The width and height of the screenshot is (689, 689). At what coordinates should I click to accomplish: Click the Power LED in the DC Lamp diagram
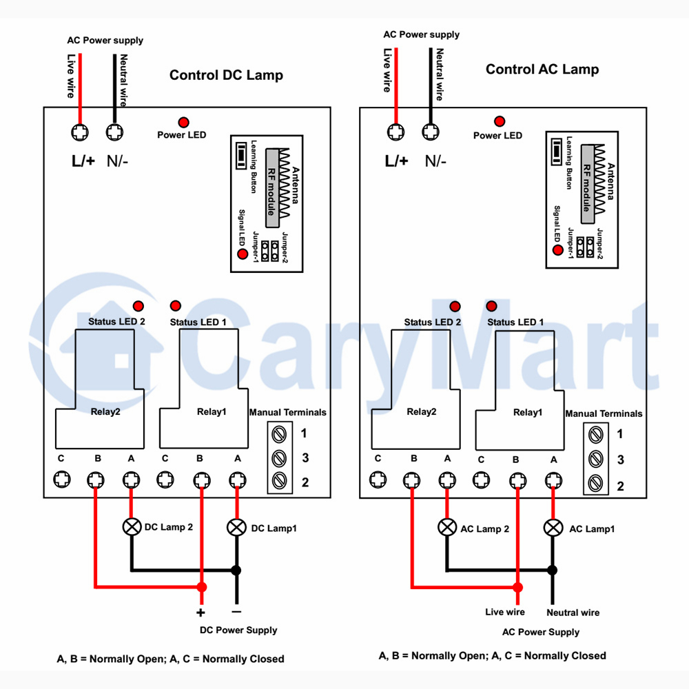click(184, 122)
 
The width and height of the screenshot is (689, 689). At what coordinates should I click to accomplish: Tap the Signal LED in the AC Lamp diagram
click(557, 250)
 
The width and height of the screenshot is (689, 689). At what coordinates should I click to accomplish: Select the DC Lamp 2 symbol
click(132, 526)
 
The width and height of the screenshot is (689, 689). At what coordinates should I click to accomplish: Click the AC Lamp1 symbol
click(553, 527)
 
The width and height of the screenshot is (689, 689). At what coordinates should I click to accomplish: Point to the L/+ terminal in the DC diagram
click(80, 132)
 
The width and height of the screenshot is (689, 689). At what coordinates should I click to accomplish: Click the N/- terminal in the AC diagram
click(431, 132)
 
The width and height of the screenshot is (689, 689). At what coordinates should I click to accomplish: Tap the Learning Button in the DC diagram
click(240, 155)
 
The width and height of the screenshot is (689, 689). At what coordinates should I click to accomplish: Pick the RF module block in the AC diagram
click(588, 184)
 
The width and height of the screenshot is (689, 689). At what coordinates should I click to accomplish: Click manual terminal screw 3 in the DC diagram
click(280, 458)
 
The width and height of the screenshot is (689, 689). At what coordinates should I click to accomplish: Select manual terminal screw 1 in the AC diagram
click(595, 435)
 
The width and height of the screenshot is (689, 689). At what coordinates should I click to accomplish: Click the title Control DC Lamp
click(226, 75)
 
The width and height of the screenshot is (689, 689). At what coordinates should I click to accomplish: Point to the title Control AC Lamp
click(542, 70)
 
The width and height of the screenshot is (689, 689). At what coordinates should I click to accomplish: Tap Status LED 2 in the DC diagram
click(138, 306)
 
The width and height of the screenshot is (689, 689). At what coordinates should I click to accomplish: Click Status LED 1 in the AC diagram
click(492, 306)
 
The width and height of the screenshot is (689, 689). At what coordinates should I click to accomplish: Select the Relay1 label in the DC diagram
click(212, 412)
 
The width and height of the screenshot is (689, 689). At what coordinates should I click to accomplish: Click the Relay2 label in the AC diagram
click(422, 412)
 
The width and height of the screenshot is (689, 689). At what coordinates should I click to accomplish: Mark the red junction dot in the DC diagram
click(202, 587)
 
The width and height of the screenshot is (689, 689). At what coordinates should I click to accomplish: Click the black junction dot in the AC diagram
click(553, 570)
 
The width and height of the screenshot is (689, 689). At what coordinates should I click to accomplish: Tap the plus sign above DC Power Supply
click(200, 613)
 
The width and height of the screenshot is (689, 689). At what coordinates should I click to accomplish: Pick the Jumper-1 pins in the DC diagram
click(265, 251)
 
